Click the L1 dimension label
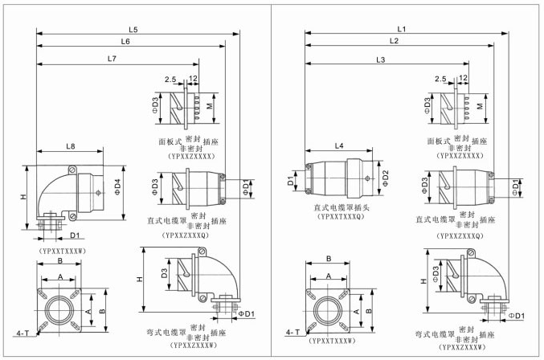pos(402,29)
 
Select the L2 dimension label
pos(394,40)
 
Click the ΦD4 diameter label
pos(121,187)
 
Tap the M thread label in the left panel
pos(211,105)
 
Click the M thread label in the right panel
pos(480,105)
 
